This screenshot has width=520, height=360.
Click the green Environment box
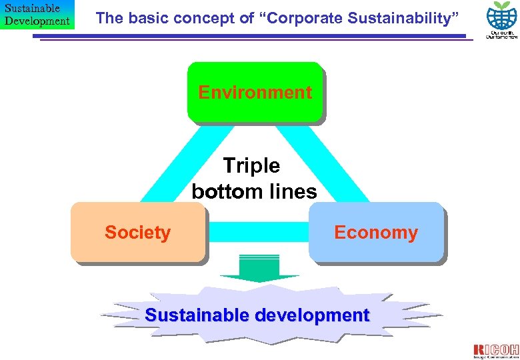(255, 93)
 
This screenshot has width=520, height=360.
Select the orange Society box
(137, 232)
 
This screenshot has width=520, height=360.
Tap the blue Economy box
(375, 232)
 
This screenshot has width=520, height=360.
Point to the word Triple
(251, 165)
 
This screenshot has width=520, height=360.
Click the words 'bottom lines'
(254, 192)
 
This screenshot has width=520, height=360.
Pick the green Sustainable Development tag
(37, 15)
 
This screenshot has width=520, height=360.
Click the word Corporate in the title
(298, 18)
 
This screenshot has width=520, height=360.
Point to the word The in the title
(108, 18)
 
